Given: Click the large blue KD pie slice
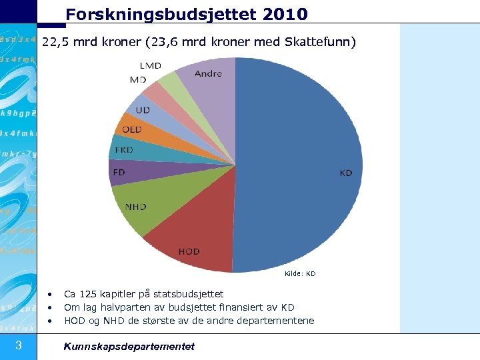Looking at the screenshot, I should pos(300,167).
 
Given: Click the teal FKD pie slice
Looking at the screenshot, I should pos(123,149).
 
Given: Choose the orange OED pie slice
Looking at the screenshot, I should pos(130,128).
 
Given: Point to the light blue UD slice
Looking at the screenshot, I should pos(142,109).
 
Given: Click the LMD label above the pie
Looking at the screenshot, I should pos(150,65).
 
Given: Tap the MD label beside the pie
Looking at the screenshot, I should pos(138,79).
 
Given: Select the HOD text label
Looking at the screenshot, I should pos(189,251).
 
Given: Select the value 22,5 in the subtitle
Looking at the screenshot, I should pos(55,42).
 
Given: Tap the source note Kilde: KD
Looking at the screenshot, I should pos(300,273).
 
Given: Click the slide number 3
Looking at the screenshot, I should pos(19,345).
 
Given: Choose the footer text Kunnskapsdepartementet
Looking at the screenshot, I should pos(129,346).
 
